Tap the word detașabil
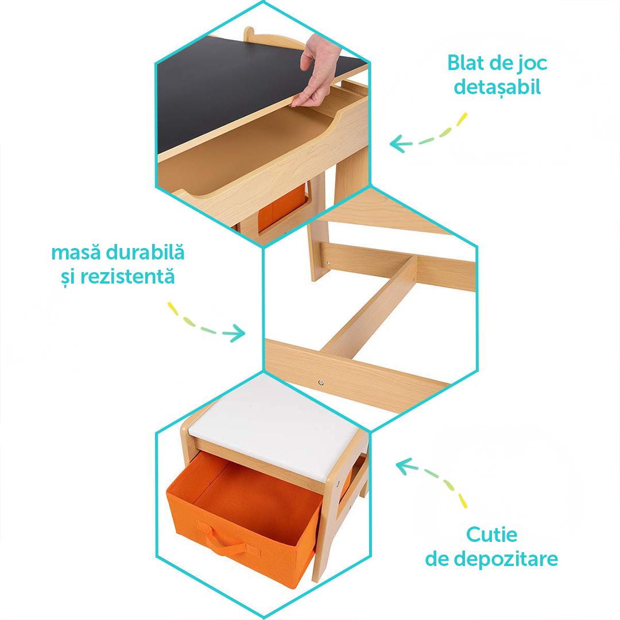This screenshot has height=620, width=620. pyautogui.click(x=497, y=87)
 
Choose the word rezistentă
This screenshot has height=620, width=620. pyautogui.click(x=127, y=276)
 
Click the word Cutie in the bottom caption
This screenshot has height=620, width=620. pyautogui.click(x=491, y=534)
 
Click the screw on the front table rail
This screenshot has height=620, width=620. pyautogui.click(x=321, y=383)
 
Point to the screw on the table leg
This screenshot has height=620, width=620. pyautogui.click(x=327, y=263)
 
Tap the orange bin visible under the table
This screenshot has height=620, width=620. pyautogui.click(x=281, y=209)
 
